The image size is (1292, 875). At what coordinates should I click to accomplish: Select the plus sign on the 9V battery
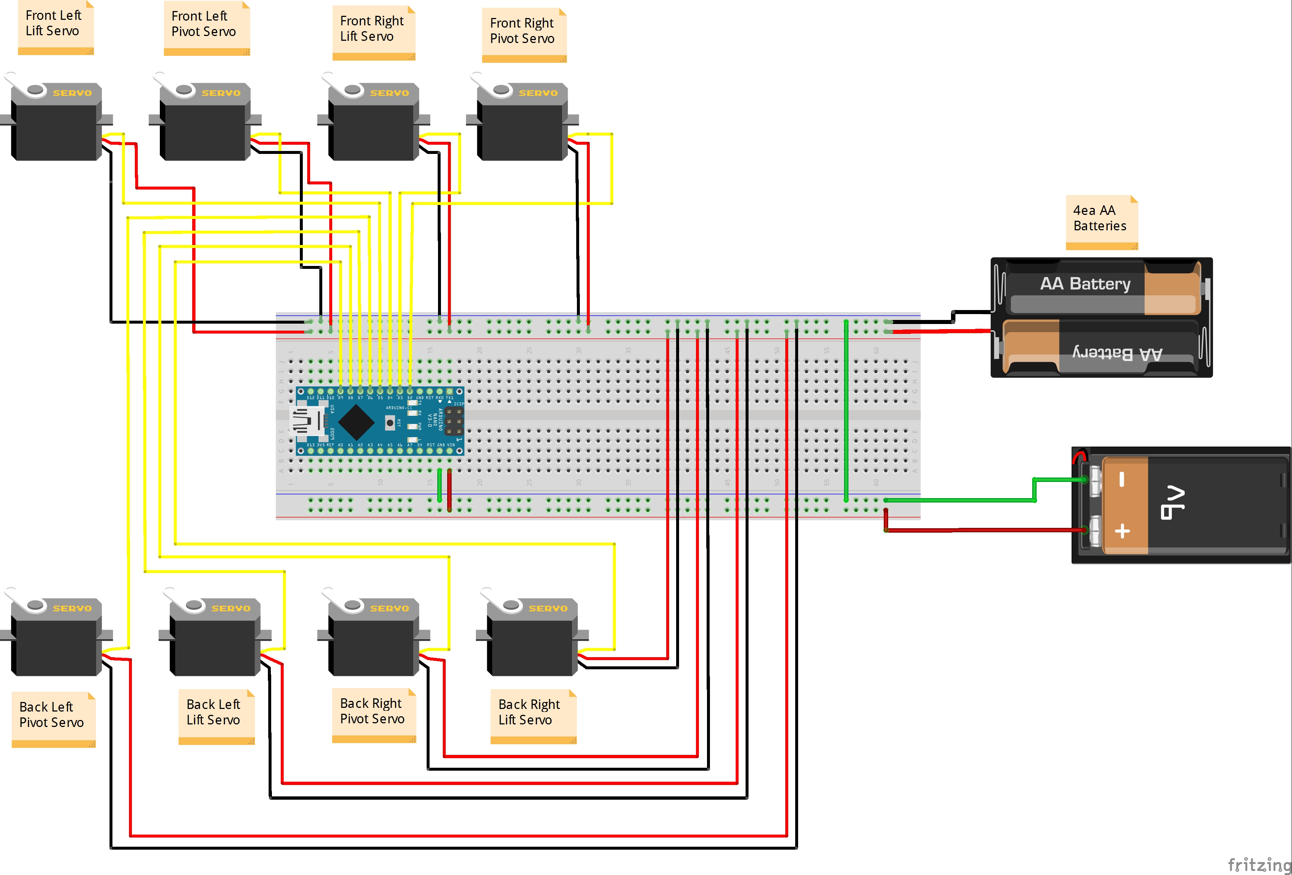point(1122,531)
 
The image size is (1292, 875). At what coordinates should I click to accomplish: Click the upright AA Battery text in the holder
point(1085,284)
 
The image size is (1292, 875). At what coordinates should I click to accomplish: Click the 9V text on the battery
point(1173,503)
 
